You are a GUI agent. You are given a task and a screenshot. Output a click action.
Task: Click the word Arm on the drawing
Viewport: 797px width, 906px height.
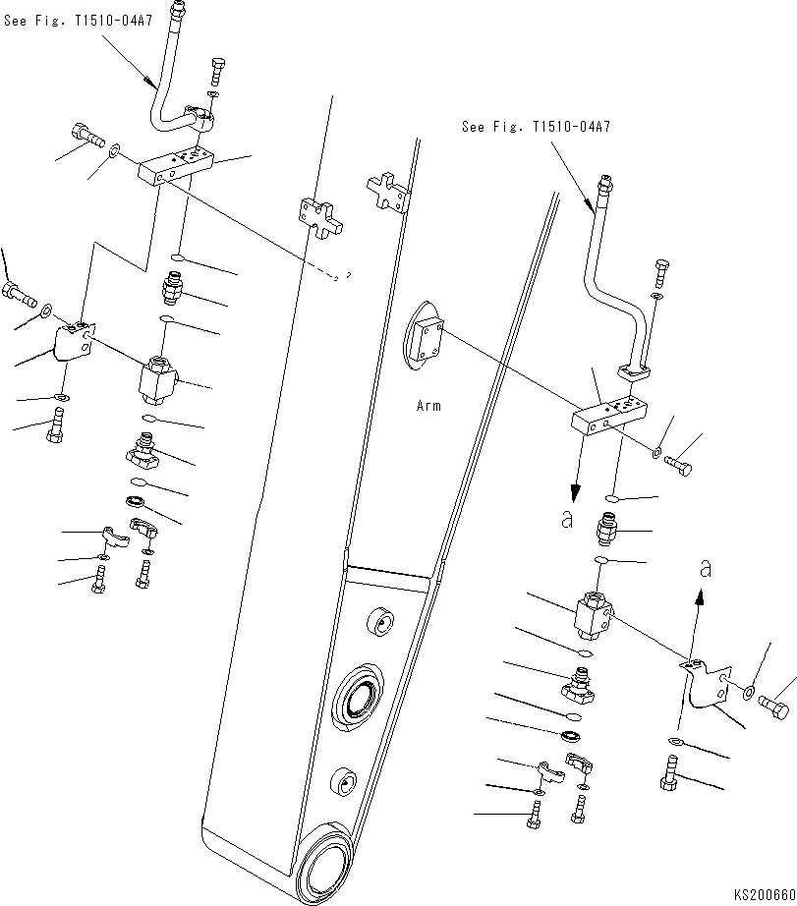[x=428, y=406]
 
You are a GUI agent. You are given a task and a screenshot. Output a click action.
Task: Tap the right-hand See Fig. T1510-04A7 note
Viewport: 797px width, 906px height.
[x=536, y=128]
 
